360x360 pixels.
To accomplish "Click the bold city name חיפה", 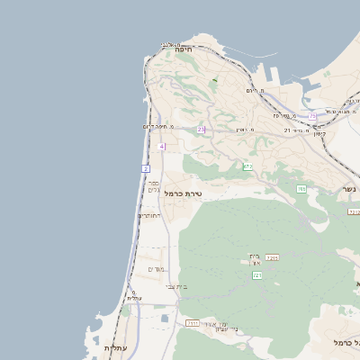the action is [x=184, y=50].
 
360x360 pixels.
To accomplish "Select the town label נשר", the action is [x=347, y=189].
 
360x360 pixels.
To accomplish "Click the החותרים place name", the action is [x=148, y=215].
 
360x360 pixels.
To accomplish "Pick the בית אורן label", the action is [x=255, y=258].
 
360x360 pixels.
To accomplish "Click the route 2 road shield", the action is [x=146, y=168].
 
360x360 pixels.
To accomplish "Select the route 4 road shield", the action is [x=161, y=146].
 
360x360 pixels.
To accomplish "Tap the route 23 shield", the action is [x=201, y=130].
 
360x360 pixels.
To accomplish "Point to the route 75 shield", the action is [x=312, y=116].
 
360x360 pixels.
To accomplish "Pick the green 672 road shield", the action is [x=247, y=166].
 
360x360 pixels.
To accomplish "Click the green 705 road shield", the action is [x=301, y=189].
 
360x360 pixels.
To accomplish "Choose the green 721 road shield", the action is [x=257, y=275].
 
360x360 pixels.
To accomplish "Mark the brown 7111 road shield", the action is [x=191, y=321].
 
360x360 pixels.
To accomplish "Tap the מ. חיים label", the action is [x=255, y=91].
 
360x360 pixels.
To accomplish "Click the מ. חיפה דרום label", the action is [x=158, y=127].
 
